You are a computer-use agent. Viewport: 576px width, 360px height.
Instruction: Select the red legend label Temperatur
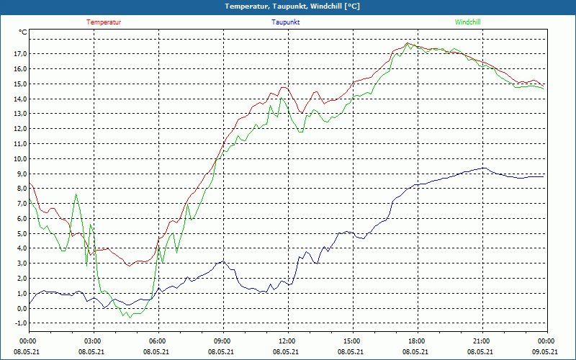[x=104, y=22]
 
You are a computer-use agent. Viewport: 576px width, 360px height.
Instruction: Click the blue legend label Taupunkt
[x=286, y=22]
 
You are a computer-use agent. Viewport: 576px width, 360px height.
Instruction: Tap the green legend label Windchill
[x=467, y=22]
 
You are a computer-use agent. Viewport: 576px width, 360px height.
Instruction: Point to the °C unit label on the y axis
[x=23, y=32]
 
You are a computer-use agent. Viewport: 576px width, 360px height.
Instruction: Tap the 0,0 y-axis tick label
[x=21, y=309]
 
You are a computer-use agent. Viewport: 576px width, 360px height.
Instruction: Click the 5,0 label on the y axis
[x=21, y=234]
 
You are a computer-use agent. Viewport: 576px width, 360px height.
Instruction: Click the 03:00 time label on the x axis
[x=92, y=341]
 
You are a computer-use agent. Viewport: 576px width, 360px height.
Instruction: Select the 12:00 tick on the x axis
[x=287, y=341]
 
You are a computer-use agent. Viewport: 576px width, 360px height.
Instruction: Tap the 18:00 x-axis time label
[x=416, y=341]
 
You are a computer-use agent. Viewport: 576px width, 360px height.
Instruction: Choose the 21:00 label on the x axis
[x=481, y=341]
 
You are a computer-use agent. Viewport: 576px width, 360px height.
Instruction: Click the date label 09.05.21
[x=545, y=352]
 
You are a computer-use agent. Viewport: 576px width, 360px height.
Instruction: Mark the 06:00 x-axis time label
[x=157, y=341]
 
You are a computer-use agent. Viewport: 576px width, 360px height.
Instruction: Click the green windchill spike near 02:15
[x=76, y=194]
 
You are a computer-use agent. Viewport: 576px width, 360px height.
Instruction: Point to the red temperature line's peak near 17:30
[x=408, y=43]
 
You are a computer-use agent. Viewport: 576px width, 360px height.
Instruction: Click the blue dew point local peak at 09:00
[x=223, y=261]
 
